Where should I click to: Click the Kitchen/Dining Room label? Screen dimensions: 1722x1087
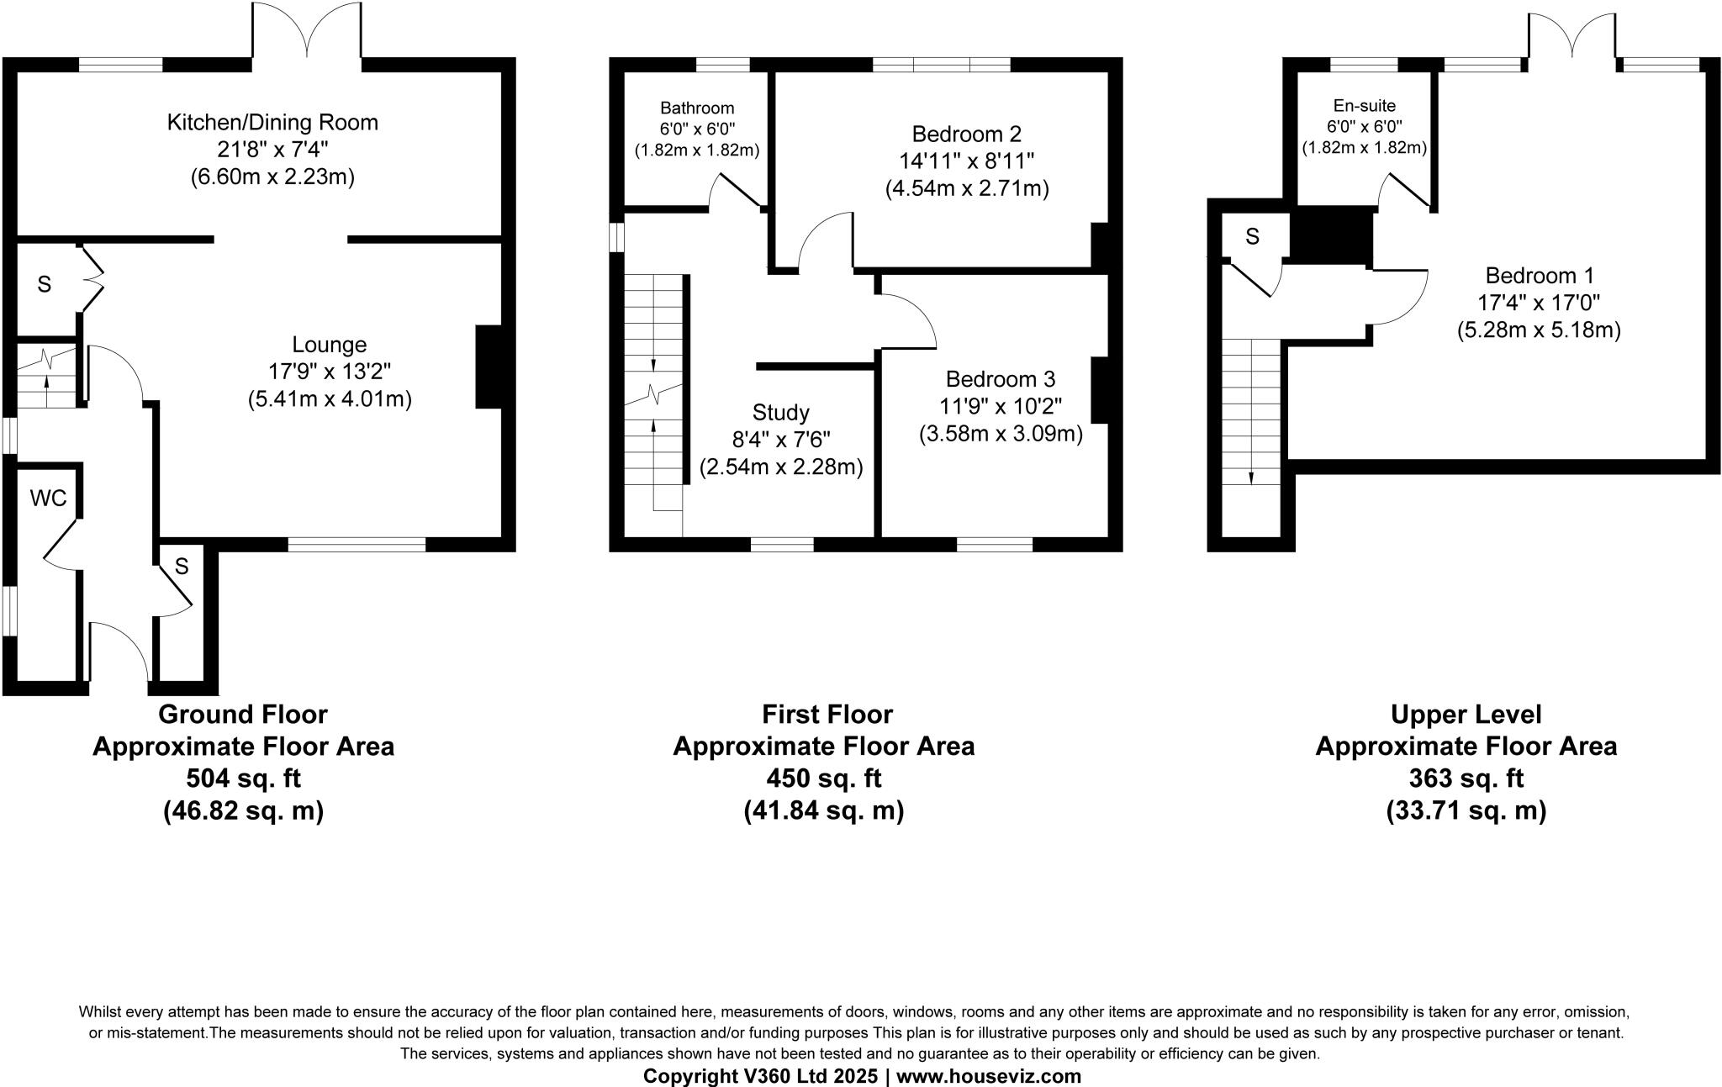[273, 123]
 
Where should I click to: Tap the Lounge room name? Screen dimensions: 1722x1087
[330, 345]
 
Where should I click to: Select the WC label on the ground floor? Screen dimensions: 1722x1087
[48, 499]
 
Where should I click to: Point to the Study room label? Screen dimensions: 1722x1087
[781, 413]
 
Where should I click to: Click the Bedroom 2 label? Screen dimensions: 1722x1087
[967, 135]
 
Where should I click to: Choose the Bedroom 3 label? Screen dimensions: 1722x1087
[1001, 379]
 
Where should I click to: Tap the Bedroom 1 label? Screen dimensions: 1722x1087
[1539, 276]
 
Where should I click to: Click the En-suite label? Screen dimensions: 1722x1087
[1364, 106]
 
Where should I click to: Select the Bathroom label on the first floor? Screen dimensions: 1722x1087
[697, 108]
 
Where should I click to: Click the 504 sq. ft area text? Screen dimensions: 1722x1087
[243, 778]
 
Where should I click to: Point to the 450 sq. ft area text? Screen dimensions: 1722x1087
[824, 778]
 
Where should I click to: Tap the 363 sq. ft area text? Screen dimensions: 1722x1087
[1466, 778]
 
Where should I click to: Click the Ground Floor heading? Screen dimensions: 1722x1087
[243, 714]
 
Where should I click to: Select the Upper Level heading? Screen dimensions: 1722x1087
[1466, 714]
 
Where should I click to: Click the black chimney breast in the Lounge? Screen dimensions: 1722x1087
[489, 367]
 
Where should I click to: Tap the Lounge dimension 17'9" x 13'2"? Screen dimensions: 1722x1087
[330, 372]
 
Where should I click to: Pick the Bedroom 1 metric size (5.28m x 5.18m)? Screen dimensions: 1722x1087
[1539, 330]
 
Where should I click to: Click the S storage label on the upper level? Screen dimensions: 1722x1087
[1252, 237]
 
